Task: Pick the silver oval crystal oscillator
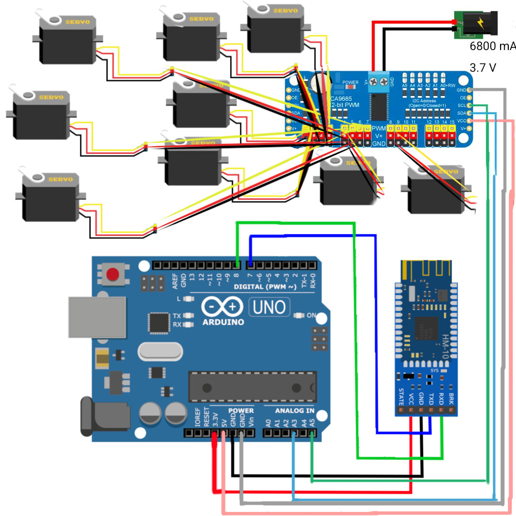tap(160, 352)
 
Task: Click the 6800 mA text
tap(492, 46)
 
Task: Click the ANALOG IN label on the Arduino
tap(294, 411)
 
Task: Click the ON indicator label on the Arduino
tap(311, 315)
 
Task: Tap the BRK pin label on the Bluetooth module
tap(451, 397)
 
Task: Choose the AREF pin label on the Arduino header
tap(175, 280)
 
